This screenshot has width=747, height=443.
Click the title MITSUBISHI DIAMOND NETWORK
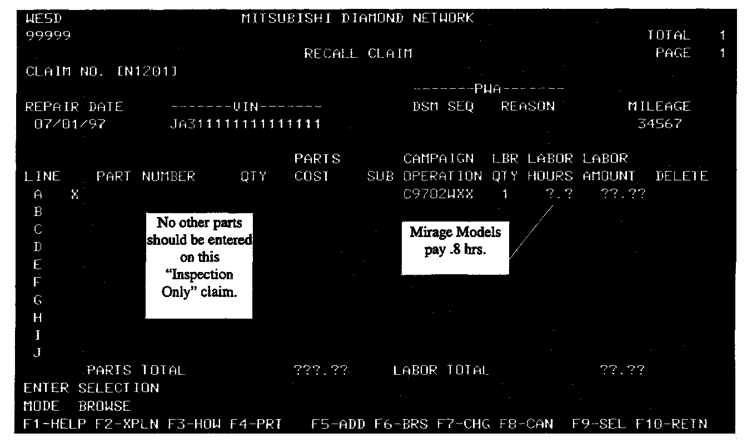358,18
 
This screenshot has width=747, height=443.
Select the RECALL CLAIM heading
358,54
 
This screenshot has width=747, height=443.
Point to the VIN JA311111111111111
245,124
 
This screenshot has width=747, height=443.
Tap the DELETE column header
681,177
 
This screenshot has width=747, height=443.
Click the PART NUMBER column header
146,177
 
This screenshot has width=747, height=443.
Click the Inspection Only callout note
199,265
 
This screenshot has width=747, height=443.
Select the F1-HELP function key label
54,425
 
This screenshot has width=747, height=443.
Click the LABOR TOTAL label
441,370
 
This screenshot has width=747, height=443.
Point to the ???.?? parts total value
322,370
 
